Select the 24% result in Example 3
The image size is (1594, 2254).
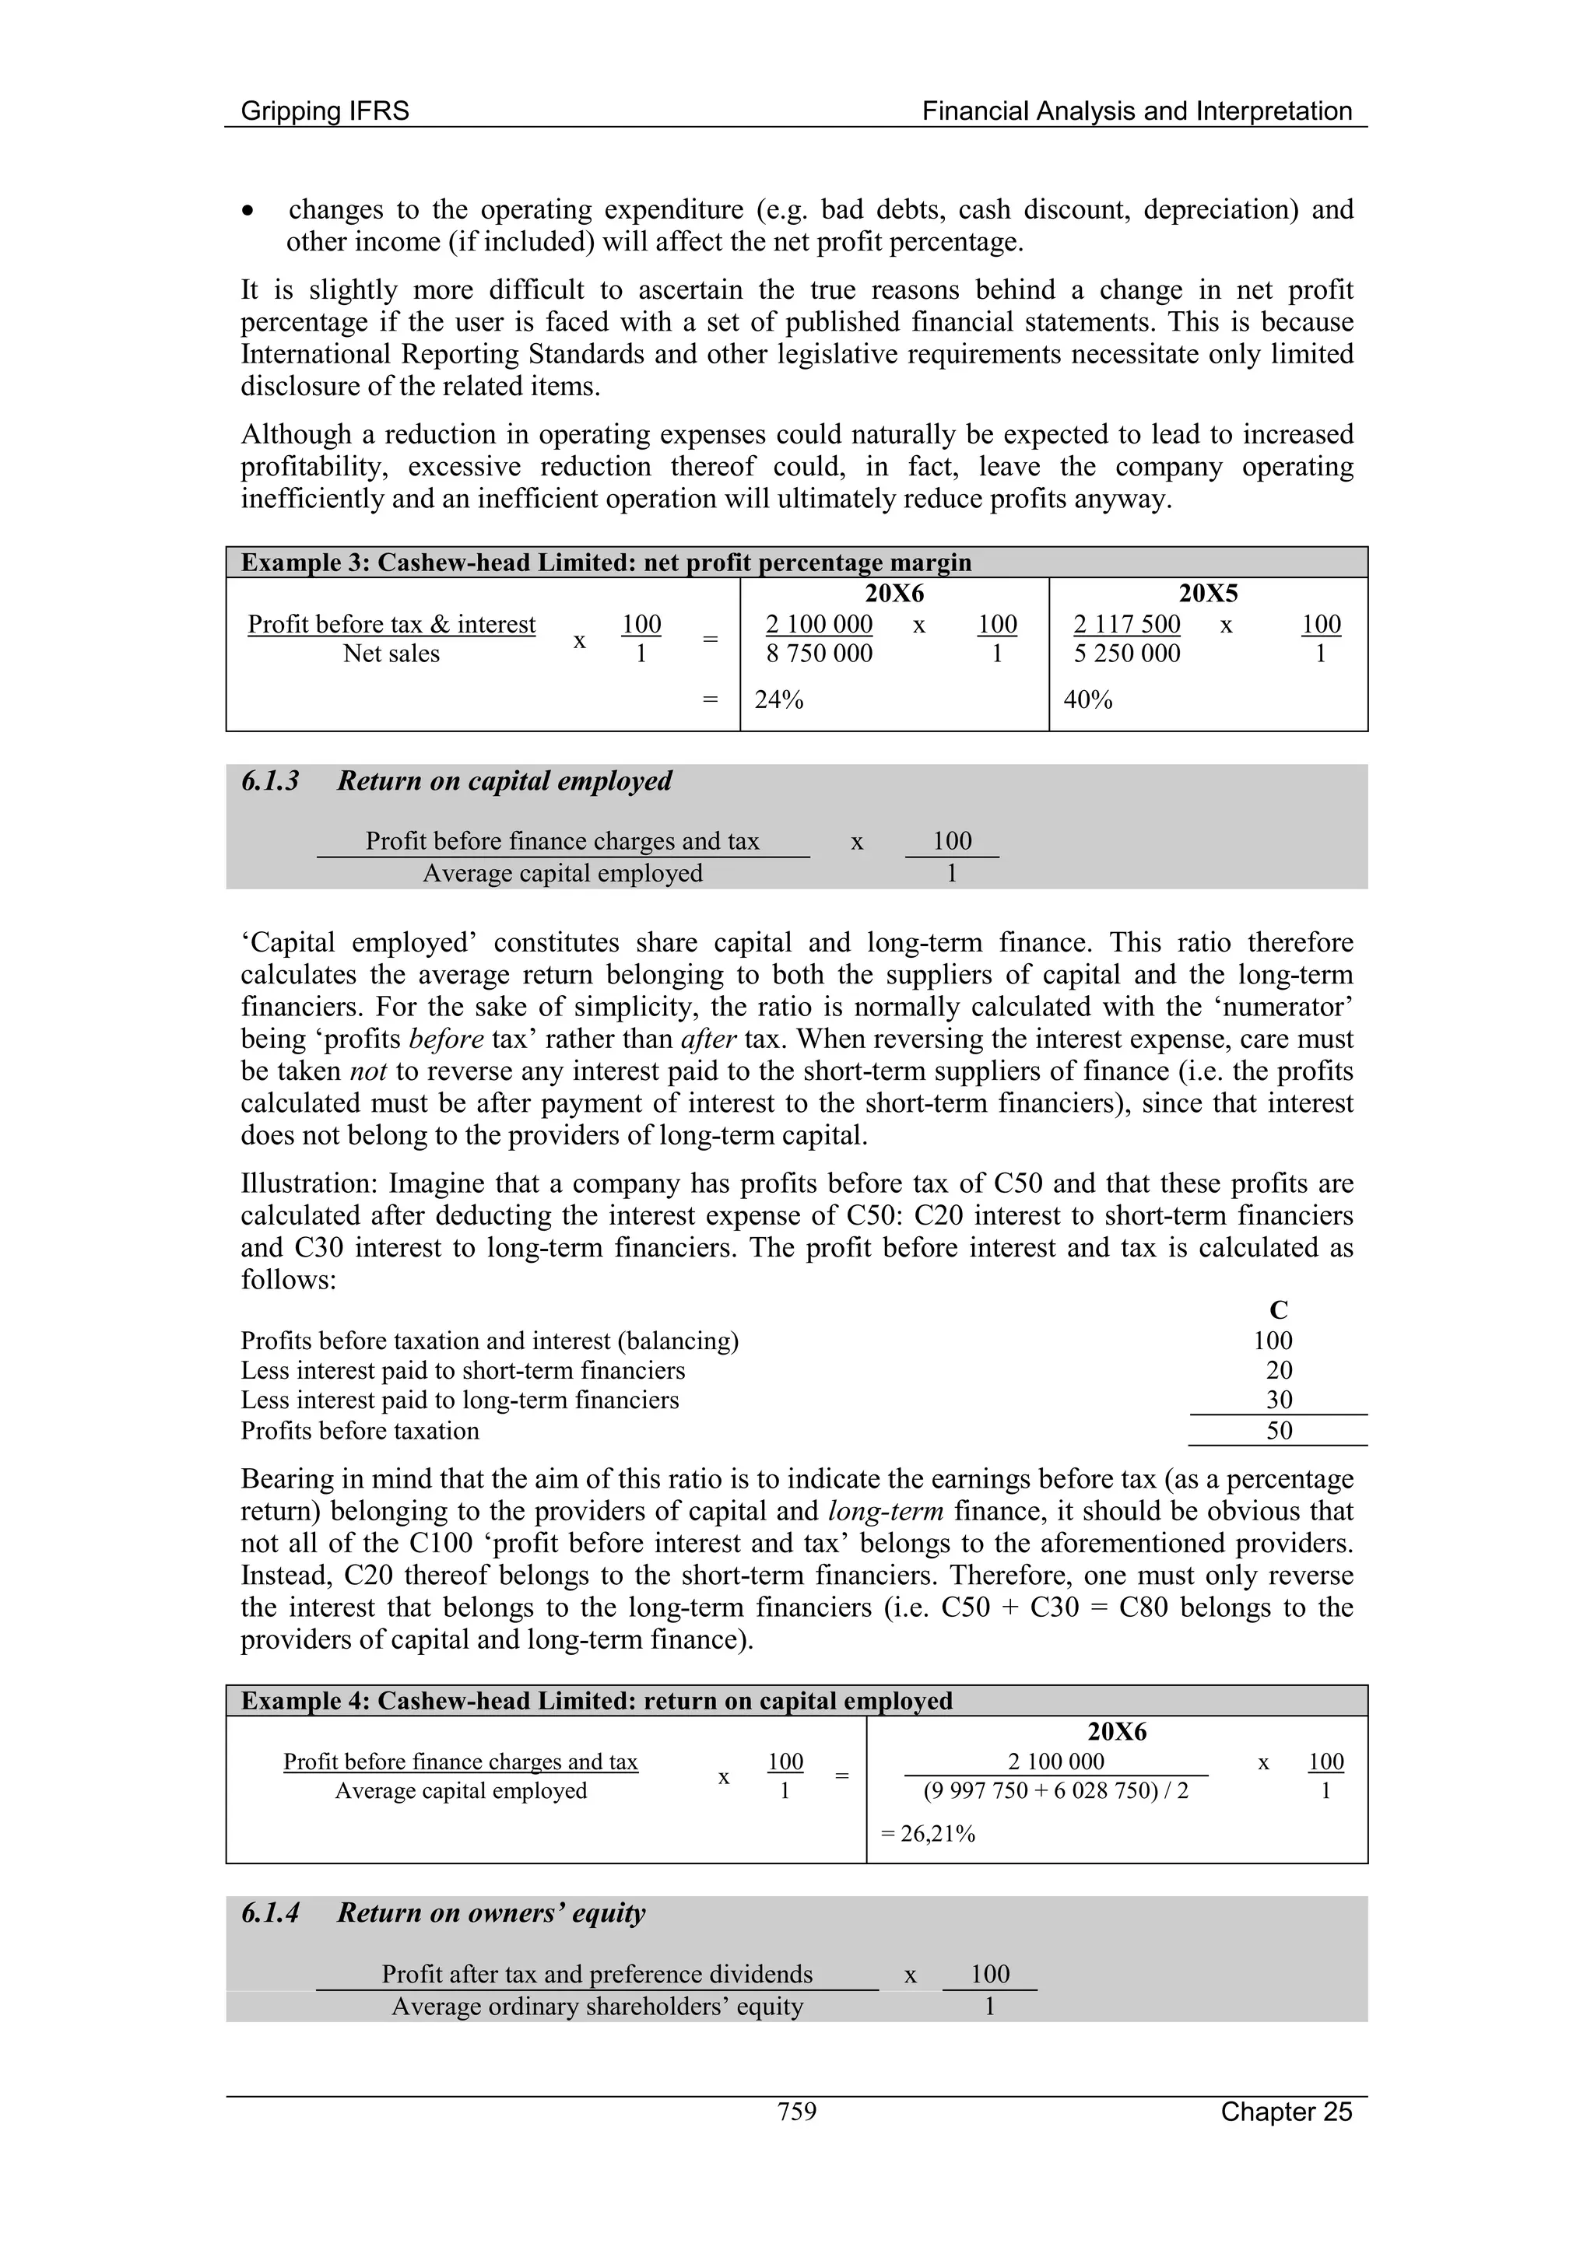click(779, 700)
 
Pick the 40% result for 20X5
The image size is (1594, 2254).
click(1088, 700)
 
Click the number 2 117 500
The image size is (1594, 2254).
click(1126, 624)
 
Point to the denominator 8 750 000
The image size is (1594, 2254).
click(819, 654)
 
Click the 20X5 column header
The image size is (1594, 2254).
click(1208, 593)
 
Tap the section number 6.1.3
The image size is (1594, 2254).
click(270, 781)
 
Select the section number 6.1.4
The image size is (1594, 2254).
click(270, 1913)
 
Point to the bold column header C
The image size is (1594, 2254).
click(1278, 1310)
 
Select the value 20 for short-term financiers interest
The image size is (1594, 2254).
click(1279, 1370)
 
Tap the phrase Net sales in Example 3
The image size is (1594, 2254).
click(391, 654)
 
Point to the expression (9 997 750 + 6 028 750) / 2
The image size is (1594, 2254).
click(1056, 1790)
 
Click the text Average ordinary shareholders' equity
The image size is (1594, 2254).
click(597, 2007)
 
